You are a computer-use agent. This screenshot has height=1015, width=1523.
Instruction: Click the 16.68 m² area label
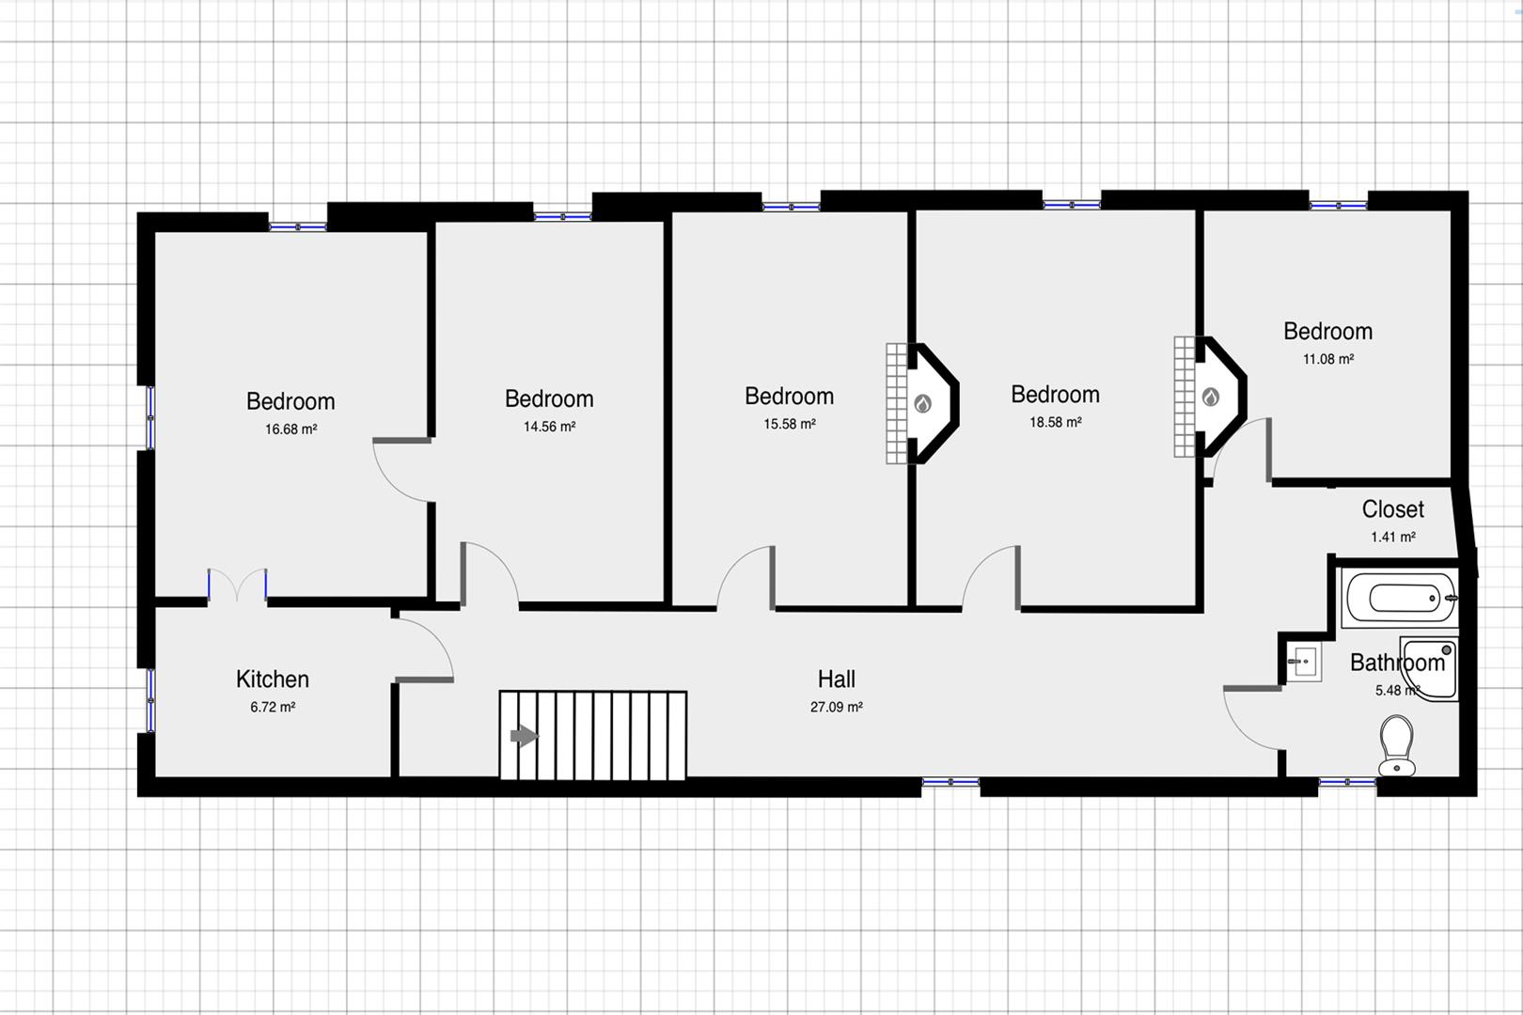(x=291, y=429)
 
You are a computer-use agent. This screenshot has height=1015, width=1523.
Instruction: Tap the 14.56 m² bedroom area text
(x=549, y=427)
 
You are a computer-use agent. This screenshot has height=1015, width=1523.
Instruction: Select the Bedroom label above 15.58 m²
(x=790, y=396)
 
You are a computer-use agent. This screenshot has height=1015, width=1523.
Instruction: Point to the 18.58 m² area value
(x=1055, y=422)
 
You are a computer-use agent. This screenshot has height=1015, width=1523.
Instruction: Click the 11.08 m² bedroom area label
(x=1327, y=359)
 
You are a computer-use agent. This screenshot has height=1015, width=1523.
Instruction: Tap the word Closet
(x=1393, y=508)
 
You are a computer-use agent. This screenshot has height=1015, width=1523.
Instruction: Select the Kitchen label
(x=273, y=679)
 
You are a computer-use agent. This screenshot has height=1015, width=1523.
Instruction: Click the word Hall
(x=837, y=679)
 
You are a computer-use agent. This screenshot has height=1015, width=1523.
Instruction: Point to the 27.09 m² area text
(x=837, y=707)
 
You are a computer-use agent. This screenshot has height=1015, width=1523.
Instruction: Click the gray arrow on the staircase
(x=525, y=736)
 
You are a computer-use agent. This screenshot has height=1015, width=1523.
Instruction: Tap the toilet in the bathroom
(x=1397, y=746)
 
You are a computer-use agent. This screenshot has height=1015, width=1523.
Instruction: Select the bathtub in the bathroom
(x=1399, y=599)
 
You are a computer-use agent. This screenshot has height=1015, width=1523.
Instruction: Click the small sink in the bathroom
(x=1304, y=661)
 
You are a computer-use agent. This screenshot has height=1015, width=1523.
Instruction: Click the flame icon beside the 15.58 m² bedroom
(x=922, y=404)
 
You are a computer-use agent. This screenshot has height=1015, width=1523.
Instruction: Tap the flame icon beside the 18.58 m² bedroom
(x=1211, y=397)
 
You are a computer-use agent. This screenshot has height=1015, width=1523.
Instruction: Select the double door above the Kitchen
(x=237, y=586)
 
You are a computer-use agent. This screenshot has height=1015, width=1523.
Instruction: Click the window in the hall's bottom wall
(x=950, y=783)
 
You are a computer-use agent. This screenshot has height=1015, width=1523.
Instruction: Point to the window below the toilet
(x=1347, y=783)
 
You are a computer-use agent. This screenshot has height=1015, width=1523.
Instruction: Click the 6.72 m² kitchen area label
(x=273, y=707)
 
